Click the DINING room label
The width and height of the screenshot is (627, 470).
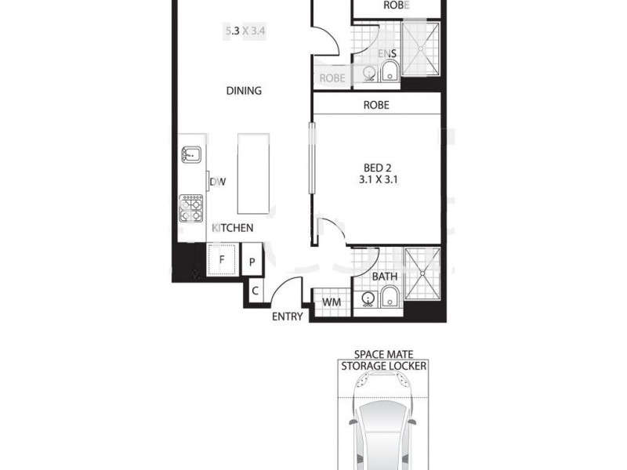[x=244, y=91]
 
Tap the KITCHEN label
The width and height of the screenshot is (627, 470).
[x=233, y=229]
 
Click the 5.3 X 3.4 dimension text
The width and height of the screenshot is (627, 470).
[x=243, y=33]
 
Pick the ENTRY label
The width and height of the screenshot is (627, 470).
[x=287, y=317]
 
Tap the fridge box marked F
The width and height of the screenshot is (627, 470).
[x=223, y=259]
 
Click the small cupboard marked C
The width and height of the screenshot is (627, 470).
[x=256, y=291]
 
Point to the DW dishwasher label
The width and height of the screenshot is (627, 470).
[x=218, y=183]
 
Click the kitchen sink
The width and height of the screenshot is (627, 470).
[x=191, y=156]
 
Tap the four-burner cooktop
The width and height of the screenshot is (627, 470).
[x=191, y=208]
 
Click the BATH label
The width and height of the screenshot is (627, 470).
[x=384, y=277]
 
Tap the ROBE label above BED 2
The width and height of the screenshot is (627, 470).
[x=376, y=104]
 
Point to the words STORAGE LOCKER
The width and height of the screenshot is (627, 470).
[x=384, y=365]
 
